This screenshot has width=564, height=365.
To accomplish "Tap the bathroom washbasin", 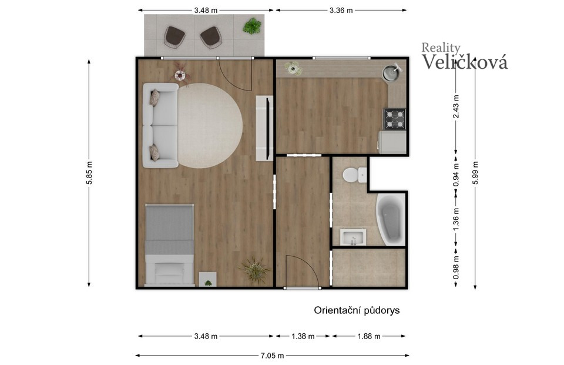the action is coord(353,237).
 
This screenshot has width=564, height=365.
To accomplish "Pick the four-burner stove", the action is coord(395,119).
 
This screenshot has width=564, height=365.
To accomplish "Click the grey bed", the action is coord(169,245).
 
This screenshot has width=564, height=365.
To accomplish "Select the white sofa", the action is coord(160,125).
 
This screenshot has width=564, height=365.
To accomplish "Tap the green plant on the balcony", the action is coord(252,26).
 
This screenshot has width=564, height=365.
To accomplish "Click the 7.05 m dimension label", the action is coord(272,356).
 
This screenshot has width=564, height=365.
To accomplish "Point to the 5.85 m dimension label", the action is coord(89,173).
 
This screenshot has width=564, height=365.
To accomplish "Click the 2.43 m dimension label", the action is coord(456,106).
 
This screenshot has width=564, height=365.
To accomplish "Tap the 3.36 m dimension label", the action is coord(341,11).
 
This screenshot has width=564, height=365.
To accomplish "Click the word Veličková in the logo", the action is coord(465,62).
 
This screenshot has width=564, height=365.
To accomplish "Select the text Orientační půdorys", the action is coord(357,310).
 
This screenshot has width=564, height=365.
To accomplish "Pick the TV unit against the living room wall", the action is coord(264,128).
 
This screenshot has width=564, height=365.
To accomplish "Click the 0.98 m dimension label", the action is coord(456,267).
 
